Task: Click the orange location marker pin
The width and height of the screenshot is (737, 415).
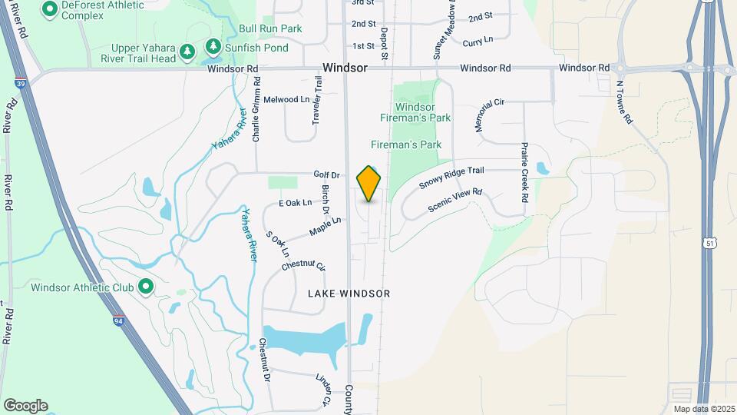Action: pyautogui.click(x=369, y=183)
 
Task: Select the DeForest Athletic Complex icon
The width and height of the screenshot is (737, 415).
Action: pyautogui.click(x=50, y=9)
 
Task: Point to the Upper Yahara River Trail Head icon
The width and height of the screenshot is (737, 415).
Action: pyautogui.click(x=187, y=51)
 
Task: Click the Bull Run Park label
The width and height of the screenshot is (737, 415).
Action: pyautogui.click(x=270, y=28)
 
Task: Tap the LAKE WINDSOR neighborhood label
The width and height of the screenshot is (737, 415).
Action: pyautogui.click(x=349, y=294)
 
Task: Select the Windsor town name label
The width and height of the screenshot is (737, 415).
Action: pyautogui.click(x=345, y=68)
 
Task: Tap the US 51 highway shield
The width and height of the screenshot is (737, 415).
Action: pyautogui.click(x=709, y=242)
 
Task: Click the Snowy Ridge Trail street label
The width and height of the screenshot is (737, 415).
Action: pyautogui.click(x=452, y=178)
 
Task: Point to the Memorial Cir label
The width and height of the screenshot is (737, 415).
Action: pyautogui.click(x=489, y=115)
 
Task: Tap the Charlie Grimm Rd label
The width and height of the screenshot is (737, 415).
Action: pyautogui.click(x=256, y=110)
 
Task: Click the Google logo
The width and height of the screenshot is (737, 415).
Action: pyautogui.click(x=25, y=406)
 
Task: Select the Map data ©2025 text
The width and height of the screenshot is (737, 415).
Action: pyautogui.click(x=702, y=408)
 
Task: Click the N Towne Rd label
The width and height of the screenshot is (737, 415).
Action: pyautogui.click(x=623, y=103)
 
